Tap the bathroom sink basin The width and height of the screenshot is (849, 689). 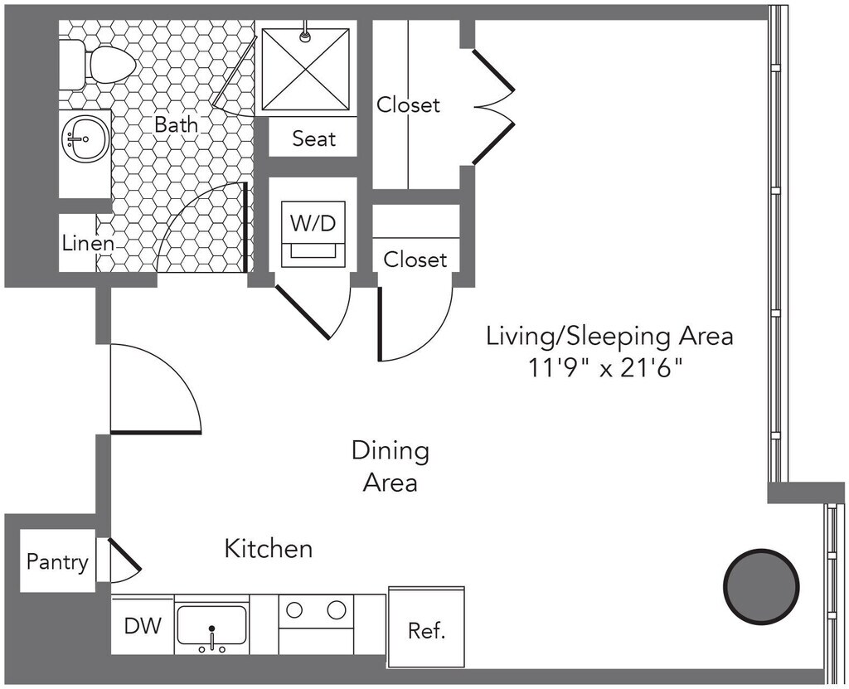pos(85,138)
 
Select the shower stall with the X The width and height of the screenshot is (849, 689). pos(305,70)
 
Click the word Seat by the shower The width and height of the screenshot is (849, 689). pos(313,138)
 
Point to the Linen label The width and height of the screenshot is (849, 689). pos(88,243)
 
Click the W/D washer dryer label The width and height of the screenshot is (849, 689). pos(313,223)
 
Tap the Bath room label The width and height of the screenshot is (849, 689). pos(176,124)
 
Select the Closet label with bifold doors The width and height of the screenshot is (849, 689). pos(408,104)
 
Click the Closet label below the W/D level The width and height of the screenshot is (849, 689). pos(415,260)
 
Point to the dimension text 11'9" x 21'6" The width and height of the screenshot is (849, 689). pos(604,370)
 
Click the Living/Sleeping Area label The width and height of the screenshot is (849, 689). pos(609,336)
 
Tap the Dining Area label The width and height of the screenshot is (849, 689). pos(391,466)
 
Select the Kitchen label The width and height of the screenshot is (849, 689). pos(269,549)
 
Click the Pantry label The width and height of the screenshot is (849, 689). pos(57,561)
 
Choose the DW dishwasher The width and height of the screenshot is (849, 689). pos(143,626)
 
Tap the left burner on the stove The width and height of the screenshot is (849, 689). pos(294,610)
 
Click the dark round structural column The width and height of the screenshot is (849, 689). pos(761,586)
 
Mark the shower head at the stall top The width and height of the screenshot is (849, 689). pos(306,35)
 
